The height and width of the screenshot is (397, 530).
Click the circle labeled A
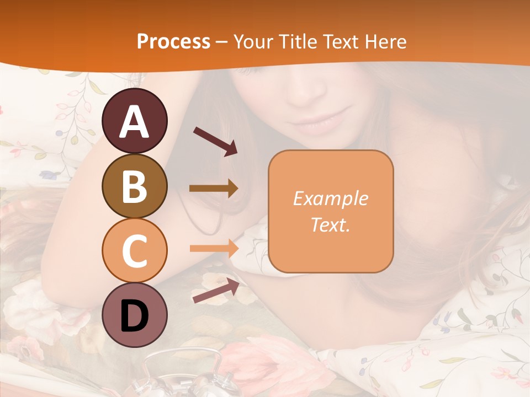(134, 121)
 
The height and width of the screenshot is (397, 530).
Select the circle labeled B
(134, 186)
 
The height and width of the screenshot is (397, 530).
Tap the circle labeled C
(134, 250)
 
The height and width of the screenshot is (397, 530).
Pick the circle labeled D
(134, 315)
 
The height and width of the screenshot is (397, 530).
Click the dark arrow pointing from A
(215, 141)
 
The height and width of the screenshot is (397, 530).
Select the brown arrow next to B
(214, 189)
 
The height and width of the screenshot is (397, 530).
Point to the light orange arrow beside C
(214, 248)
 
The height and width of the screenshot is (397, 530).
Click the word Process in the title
(173, 41)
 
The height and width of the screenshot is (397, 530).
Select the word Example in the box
(330, 198)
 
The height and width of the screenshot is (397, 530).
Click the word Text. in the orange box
(330, 224)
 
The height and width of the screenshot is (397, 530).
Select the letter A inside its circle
(134, 122)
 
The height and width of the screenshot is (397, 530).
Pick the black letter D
(134, 316)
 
